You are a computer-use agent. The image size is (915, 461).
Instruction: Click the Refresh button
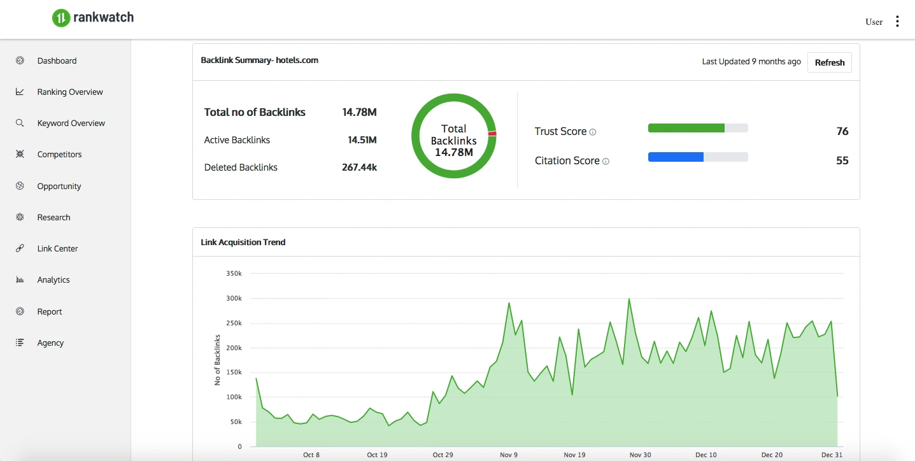coord(829,62)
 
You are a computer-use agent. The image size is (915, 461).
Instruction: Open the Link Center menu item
coord(57,248)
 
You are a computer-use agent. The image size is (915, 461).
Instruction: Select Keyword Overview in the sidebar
coord(71,123)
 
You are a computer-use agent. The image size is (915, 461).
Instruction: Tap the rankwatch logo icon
coord(60,18)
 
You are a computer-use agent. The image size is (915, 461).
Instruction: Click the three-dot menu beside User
coord(897,22)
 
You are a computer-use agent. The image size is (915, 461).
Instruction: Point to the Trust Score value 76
coord(842,131)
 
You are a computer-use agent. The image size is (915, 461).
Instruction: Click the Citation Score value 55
coord(842,160)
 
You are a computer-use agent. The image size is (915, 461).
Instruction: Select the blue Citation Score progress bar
coord(676,157)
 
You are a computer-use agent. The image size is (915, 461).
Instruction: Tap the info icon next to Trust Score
coord(593,132)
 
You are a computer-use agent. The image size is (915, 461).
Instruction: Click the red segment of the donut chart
coord(492,133)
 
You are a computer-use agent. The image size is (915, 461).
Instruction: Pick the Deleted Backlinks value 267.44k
coord(359,167)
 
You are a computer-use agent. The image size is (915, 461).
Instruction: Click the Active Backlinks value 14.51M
coord(362,140)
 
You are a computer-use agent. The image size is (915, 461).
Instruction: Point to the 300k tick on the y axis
coord(234,298)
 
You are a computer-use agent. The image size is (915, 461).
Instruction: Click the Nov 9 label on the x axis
coord(509,455)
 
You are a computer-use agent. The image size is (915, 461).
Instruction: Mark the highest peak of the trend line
coord(629,299)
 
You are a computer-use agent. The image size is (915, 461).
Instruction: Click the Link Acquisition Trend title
coord(243,242)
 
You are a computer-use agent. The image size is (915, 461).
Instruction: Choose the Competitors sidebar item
coord(59,154)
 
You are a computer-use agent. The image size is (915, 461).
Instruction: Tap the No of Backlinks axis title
coord(217,360)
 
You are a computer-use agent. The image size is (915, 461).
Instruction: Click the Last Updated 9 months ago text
coord(751,62)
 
